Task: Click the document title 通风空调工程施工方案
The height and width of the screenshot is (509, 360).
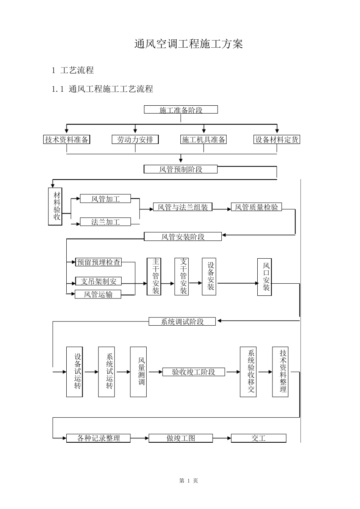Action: pyautogui.click(x=189, y=44)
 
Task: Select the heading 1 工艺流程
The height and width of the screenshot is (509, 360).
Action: pyautogui.click(x=73, y=70)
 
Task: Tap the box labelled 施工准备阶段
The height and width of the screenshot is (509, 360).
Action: pyautogui.click(x=181, y=109)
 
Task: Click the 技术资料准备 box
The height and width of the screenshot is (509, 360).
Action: pyautogui.click(x=67, y=139)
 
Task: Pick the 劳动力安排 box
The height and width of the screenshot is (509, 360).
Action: pyautogui.click(x=135, y=139)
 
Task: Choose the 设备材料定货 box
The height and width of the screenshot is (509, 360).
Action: pyautogui.click(x=277, y=139)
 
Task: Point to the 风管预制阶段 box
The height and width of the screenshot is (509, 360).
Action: pyautogui.click(x=181, y=169)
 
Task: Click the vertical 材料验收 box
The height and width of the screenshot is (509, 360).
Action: pyautogui.click(x=55, y=206)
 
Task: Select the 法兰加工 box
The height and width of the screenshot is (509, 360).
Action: pyautogui.click(x=105, y=222)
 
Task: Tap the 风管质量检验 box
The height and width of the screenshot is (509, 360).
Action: pyautogui.click(x=256, y=207)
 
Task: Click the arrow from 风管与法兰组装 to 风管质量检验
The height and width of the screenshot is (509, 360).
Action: pyautogui.click(x=222, y=209)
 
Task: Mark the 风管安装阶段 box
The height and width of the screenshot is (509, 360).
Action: pyautogui.click(x=183, y=237)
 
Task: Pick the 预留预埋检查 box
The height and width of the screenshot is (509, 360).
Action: pyautogui.click(x=98, y=262)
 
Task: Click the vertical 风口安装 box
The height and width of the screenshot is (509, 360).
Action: pyautogui.click(x=265, y=277)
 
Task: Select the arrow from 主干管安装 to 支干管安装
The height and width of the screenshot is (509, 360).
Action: pyautogui.click(x=167, y=283)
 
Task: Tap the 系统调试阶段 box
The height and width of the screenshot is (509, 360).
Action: pyautogui.click(x=182, y=321)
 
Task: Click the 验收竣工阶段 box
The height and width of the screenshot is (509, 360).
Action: pyautogui.click(x=194, y=372)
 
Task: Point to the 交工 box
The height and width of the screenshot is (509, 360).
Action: pyautogui.click(x=258, y=438)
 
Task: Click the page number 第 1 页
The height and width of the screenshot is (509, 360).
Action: pyautogui.click(x=189, y=481)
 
